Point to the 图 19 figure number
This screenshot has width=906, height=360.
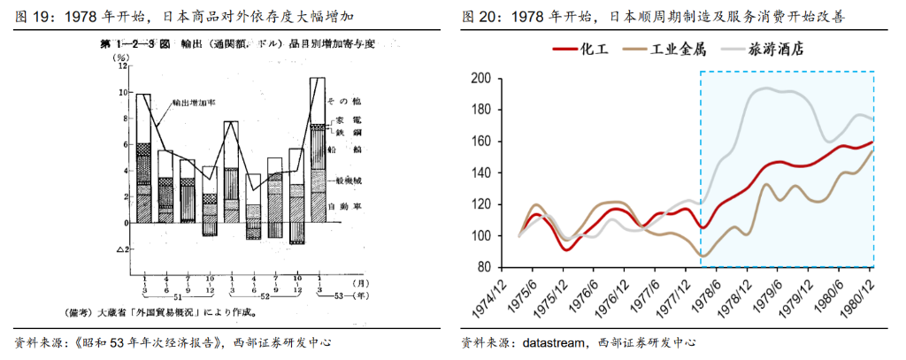(x=32, y=17)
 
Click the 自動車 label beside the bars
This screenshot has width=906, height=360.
(x=342, y=206)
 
